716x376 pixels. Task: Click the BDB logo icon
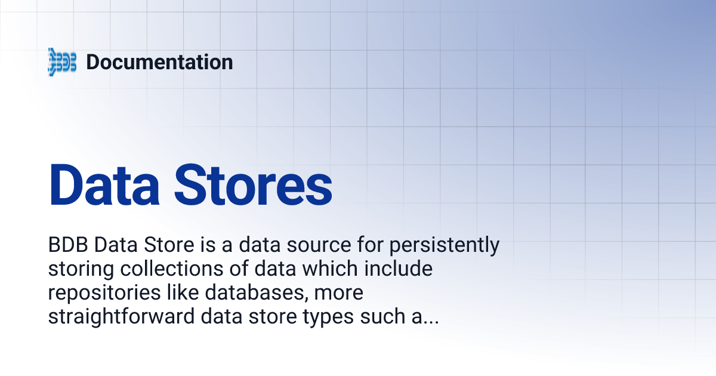(x=62, y=62)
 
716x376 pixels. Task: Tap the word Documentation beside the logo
(x=159, y=62)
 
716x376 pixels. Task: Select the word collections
(x=164, y=269)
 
